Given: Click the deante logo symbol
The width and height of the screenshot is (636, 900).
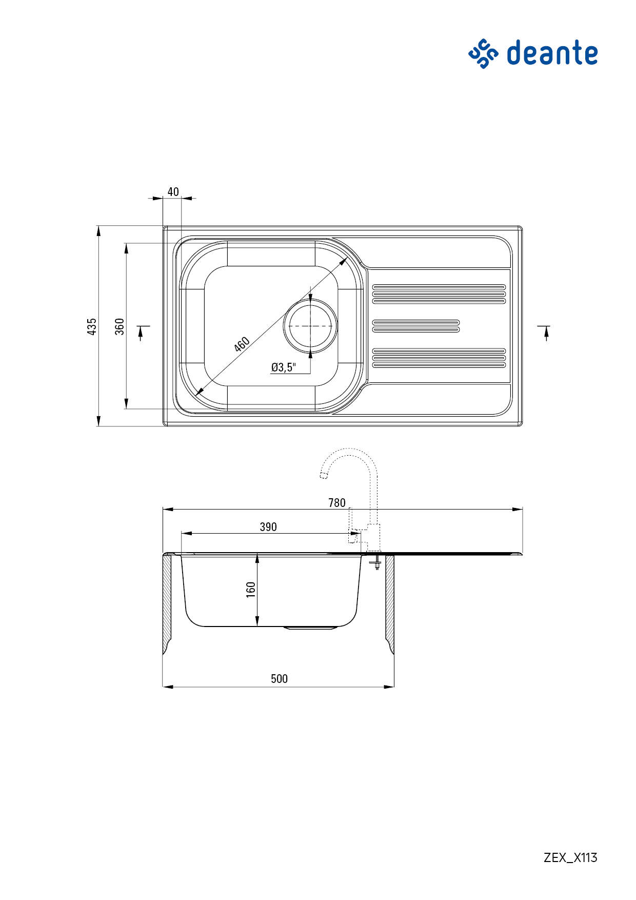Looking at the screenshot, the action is pyautogui.click(x=483, y=53).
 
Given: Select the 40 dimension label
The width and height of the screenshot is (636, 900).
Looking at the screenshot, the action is pyautogui.click(x=173, y=192).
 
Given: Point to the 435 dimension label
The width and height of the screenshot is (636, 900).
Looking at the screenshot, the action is pyautogui.click(x=92, y=326).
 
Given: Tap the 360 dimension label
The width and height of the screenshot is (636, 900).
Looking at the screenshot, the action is pyautogui.click(x=120, y=326).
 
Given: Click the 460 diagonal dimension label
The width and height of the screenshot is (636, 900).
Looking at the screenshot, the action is pyautogui.click(x=242, y=344).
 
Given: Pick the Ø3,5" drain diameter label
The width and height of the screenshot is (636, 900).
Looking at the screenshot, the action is pyautogui.click(x=284, y=367).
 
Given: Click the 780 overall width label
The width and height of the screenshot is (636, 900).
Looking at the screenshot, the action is pyautogui.click(x=337, y=503).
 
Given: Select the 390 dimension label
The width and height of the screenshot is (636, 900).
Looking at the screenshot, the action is pyautogui.click(x=268, y=527).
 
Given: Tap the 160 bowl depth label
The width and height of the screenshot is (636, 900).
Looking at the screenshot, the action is pyautogui.click(x=251, y=590).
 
